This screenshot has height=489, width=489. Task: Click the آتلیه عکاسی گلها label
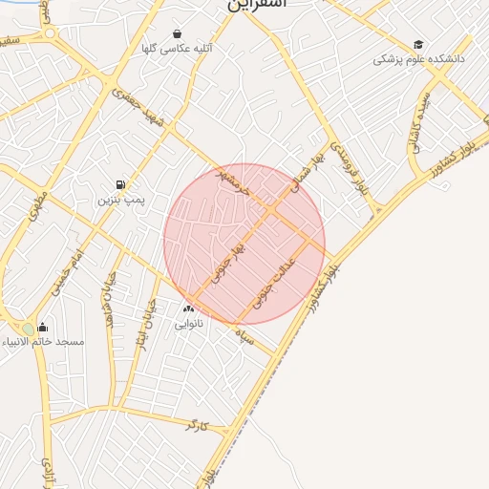click(x=177, y=48)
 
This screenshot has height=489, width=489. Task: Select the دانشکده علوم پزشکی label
click(x=417, y=59)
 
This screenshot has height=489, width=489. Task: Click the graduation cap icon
click(x=417, y=45)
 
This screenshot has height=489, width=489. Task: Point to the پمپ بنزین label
click(x=120, y=201)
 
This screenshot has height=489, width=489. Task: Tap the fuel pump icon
click(x=120, y=185)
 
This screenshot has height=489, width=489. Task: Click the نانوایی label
click(x=187, y=324)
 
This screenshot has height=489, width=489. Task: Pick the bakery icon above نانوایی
click(x=187, y=308)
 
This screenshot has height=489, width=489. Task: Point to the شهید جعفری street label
click(x=138, y=112)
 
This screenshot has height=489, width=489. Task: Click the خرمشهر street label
click(x=233, y=181)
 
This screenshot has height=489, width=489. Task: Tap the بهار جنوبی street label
click(x=230, y=255)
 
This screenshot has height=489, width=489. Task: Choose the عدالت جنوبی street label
click(x=276, y=285)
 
